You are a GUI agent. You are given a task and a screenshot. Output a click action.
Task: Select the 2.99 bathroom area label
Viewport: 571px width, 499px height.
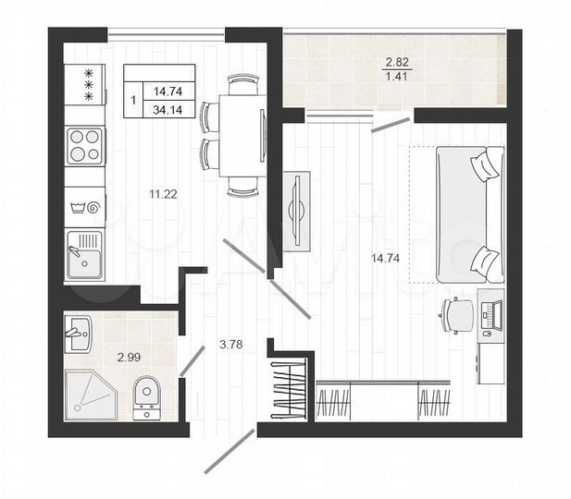[x=129, y=357]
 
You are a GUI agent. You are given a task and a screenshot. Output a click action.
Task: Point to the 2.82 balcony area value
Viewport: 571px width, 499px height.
[x=395, y=63]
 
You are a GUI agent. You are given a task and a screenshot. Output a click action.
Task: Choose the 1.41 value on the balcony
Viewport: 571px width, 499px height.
[x=395, y=78]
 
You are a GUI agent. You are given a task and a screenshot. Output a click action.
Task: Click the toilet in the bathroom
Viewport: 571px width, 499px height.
[x=147, y=398]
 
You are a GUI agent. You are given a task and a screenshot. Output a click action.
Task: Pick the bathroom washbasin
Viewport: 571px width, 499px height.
[x=77, y=332]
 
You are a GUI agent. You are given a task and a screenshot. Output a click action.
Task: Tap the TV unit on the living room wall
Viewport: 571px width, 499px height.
[x=296, y=210]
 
